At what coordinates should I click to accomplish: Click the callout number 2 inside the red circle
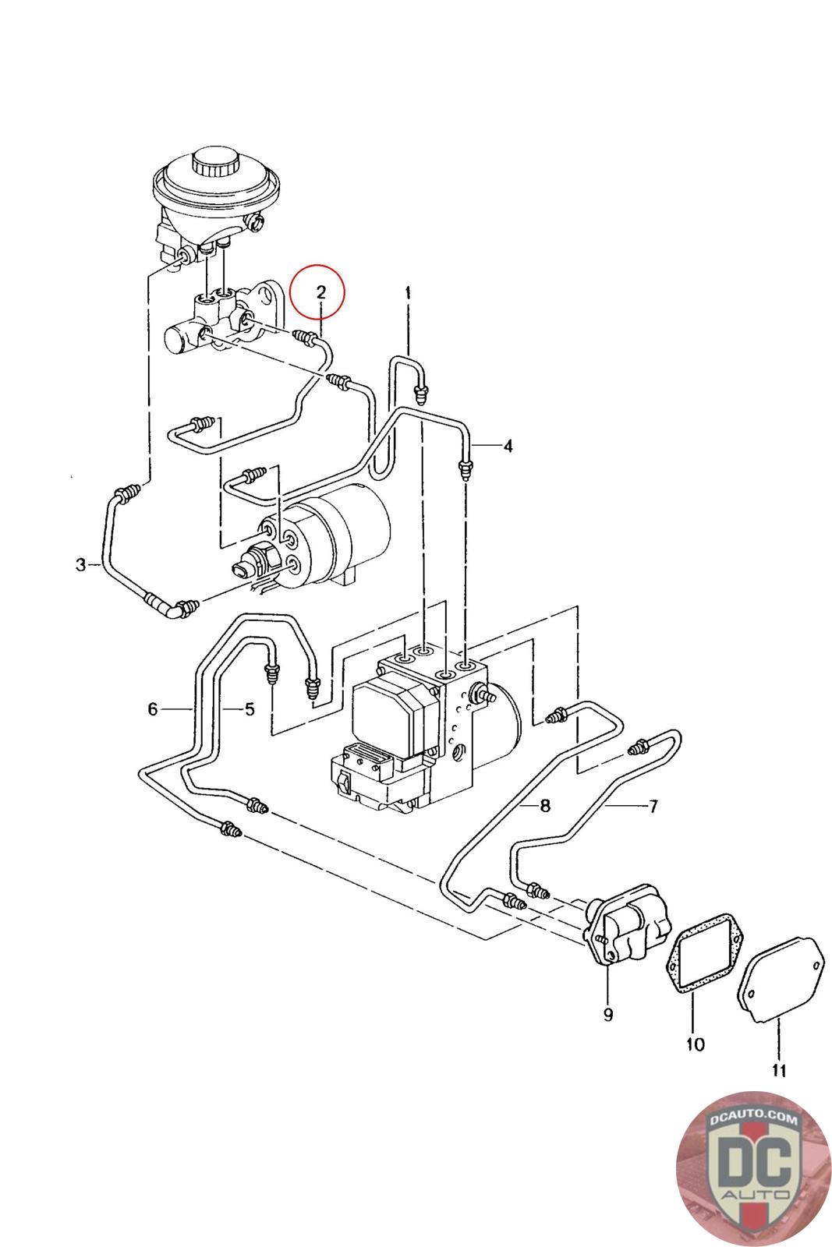click(x=320, y=292)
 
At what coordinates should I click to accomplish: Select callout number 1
click(x=407, y=293)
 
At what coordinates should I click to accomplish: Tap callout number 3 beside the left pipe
click(x=81, y=564)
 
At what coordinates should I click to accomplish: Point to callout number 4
click(x=508, y=446)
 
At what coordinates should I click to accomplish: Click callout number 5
click(x=249, y=709)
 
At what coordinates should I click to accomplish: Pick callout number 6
click(x=153, y=709)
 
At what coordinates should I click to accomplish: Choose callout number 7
click(x=653, y=805)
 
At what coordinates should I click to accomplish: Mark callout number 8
click(x=544, y=805)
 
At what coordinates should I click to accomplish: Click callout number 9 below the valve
click(x=607, y=1015)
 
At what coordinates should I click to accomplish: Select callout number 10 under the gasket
click(x=695, y=1044)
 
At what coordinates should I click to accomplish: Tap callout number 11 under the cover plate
click(x=779, y=1070)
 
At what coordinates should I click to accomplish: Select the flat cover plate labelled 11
click(x=780, y=978)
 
